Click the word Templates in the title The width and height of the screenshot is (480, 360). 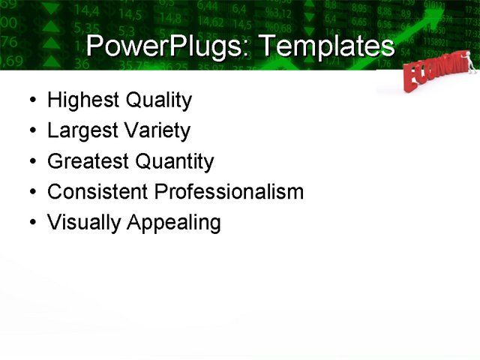pos(325,46)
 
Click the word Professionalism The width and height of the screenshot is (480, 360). pos(229,192)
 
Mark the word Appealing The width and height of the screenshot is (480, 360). pos(174,223)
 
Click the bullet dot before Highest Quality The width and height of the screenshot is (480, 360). pos(30,100)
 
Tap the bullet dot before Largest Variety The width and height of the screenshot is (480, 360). pos(30,131)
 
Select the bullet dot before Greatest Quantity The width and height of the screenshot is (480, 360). pos(30,162)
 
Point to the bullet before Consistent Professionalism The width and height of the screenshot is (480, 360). pos(30,193)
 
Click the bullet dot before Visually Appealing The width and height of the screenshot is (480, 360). pos(30,223)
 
